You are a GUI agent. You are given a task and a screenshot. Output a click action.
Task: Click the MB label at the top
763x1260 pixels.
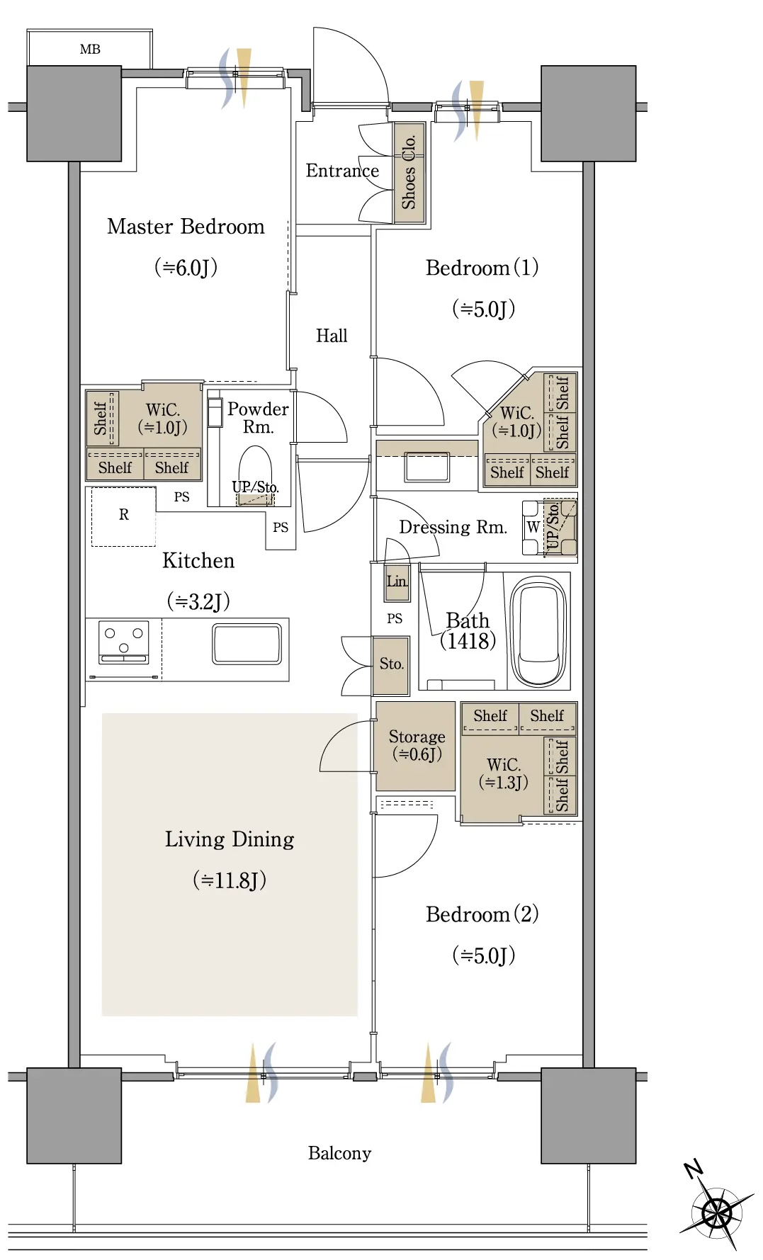[x=90, y=50]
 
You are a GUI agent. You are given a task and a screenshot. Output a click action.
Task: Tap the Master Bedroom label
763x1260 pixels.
[x=186, y=227]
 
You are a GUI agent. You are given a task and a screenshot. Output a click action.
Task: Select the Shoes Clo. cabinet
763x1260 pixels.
[x=409, y=173]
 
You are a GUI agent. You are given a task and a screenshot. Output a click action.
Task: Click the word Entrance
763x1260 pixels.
[x=342, y=171]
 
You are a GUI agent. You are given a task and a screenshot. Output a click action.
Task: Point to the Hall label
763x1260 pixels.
[x=332, y=336]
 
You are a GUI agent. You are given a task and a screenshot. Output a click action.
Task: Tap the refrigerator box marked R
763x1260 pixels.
[x=124, y=516]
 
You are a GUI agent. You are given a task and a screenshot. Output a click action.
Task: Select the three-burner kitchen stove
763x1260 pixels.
[x=124, y=642]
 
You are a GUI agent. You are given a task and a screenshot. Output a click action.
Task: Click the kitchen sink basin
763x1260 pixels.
[x=247, y=644]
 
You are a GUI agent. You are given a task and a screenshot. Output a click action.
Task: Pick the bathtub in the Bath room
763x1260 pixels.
[x=539, y=631]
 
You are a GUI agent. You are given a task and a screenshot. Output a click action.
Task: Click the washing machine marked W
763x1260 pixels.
[x=532, y=528]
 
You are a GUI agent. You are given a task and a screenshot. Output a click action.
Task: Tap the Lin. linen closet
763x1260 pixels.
[x=397, y=581]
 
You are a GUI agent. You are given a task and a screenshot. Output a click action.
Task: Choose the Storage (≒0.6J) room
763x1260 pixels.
[x=415, y=746]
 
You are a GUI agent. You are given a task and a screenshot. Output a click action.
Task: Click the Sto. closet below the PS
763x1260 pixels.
[x=391, y=665]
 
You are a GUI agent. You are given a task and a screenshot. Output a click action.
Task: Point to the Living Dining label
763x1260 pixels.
[x=230, y=839]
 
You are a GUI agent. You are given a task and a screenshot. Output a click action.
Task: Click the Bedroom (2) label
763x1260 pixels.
[x=482, y=914]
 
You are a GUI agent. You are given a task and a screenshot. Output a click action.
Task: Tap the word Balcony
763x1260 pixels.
[x=339, y=1153]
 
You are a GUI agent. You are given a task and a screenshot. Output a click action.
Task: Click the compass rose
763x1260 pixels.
[x=716, y=1213]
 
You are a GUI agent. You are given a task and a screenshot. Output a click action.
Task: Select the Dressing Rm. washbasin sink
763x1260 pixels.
[x=426, y=467]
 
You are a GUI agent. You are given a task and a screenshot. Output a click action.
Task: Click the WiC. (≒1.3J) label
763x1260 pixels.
[x=504, y=773]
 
